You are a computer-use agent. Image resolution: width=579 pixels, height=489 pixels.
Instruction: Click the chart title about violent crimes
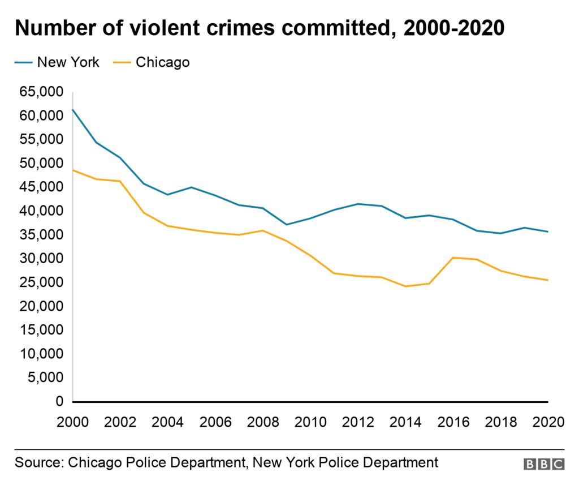(260, 28)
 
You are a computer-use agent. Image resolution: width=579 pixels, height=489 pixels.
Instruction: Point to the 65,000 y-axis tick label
(41, 92)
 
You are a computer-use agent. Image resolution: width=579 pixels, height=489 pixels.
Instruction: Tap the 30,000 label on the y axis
(41, 258)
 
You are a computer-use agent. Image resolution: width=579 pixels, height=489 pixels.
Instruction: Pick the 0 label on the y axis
(59, 401)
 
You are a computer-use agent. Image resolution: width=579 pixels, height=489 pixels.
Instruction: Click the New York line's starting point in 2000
(72, 109)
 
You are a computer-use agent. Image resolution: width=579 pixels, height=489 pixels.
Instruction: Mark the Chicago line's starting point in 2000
(72, 170)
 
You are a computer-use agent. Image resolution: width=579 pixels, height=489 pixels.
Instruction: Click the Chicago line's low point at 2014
(405, 286)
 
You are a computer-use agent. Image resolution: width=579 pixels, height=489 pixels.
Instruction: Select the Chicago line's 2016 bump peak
(453, 258)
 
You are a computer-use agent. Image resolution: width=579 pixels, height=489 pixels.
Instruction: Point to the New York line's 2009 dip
(287, 225)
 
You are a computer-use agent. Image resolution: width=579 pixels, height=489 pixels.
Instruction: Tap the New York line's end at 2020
(548, 231)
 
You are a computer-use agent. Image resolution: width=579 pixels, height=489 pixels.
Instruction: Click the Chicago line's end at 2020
(548, 280)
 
